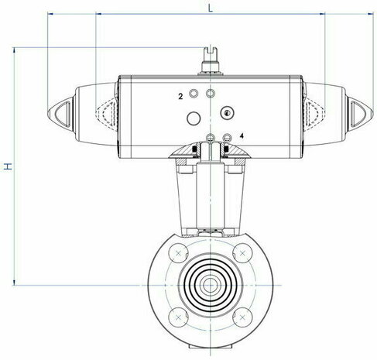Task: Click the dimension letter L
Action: point(211,9)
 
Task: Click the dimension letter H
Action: point(8,166)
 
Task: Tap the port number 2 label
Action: point(180,97)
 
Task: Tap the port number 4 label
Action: point(242,135)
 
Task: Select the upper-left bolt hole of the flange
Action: point(178,253)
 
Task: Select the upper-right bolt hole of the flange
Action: point(242,253)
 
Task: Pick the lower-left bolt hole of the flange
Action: point(178,317)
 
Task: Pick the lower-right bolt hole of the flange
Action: point(242,317)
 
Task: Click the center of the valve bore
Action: point(211,285)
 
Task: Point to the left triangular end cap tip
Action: point(48,114)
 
